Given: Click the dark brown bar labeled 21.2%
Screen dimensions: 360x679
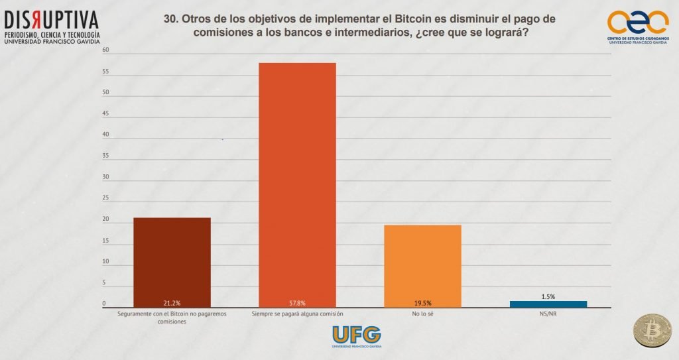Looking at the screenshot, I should coord(172,262).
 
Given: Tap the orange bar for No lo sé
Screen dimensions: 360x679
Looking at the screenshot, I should coord(422,265).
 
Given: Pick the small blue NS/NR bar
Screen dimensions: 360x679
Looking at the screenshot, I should coord(548,304).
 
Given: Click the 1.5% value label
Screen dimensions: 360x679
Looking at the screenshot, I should coord(548,296).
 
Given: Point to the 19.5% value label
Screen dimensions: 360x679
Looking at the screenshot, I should coord(422,303).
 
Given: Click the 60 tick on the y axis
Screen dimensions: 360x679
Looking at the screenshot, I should coord(104,50).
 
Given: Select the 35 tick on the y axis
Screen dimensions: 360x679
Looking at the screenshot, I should coord(104,156).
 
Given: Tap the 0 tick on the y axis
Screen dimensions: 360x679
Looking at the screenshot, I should coord(104,304).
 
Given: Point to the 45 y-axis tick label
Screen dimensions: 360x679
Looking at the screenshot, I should coord(104,114).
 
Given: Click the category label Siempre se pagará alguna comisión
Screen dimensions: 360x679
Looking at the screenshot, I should coord(297,313).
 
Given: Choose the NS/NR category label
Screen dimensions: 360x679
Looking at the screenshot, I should coord(548,313).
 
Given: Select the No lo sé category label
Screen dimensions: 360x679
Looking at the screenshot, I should coord(422,313).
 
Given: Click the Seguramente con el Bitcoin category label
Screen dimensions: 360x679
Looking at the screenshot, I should coord(172,316).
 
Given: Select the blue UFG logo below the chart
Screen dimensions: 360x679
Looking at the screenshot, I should coord(356,335).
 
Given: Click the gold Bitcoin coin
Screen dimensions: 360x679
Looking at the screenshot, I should coord(651,331).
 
